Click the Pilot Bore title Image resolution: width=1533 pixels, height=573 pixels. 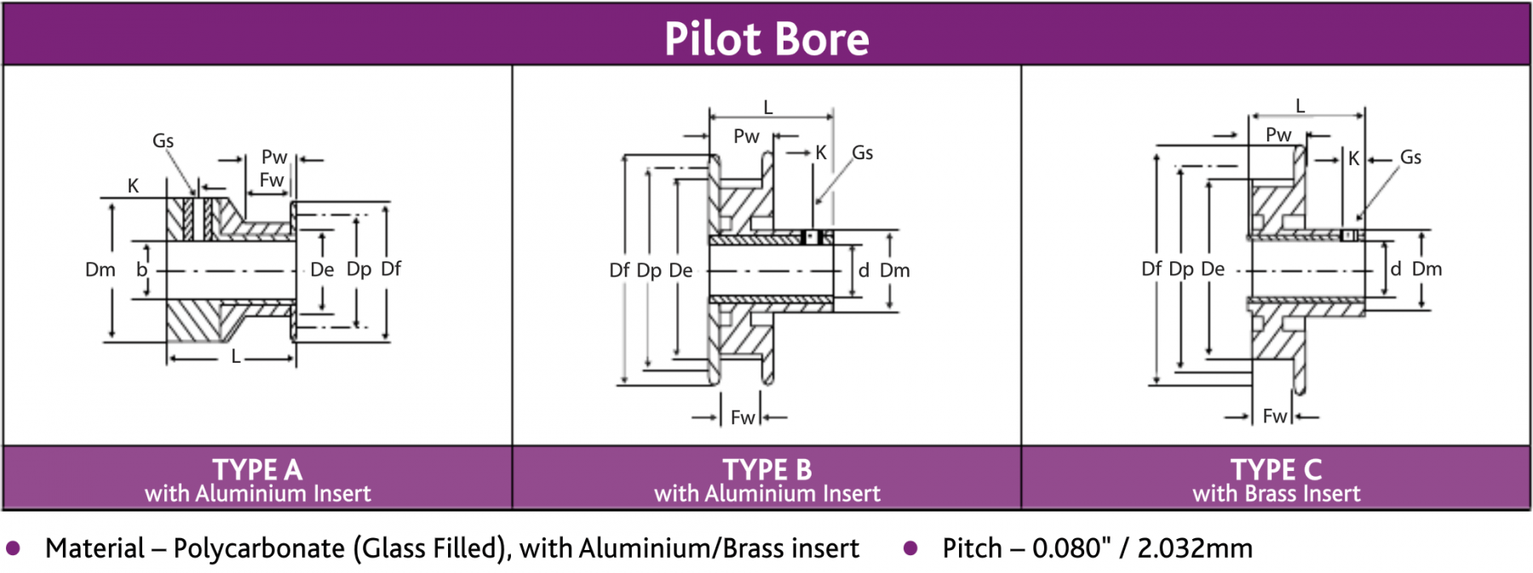pyautogui.click(x=766, y=39)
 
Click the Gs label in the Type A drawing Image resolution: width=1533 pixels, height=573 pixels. pyautogui.click(x=163, y=141)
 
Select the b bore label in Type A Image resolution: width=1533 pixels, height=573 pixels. pyautogui.click(x=141, y=270)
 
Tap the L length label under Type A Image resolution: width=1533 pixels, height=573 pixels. pyautogui.click(x=236, y=358)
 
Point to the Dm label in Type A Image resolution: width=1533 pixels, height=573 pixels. pyautogui.click(x=100, y=270)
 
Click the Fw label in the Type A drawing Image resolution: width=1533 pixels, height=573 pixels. pyautogui.click(x=272, y=180)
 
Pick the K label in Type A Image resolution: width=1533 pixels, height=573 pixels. pyautogui.click(x=133, y=186)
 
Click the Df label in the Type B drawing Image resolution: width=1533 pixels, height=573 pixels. pyautogui.click(x=619, y=271)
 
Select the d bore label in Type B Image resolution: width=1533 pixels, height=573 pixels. pyautogui.click(x=864, y=271)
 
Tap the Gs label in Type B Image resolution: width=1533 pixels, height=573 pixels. pyautogui.click(x=862, y=153)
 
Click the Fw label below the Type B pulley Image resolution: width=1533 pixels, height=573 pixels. pyautogui.click(x=743, y=417)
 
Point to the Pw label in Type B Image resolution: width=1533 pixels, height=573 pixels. pyautogui.click(x=746, y=136)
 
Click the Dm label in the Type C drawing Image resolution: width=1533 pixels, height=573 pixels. pyautogui.click(x=1427, y=269)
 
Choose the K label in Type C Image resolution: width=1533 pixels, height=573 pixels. pyautogui.click(x=1353, y=159)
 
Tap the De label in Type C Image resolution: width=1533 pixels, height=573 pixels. pyautogui.click(x=1213, y=269)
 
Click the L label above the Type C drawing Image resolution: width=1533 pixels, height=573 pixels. pyautogui.click(x=1300, y=106)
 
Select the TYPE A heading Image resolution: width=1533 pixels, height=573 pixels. pyautogui.click(x=257, y=469)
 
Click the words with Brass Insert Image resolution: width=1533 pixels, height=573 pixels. pyautogui.click(x=1276, y=494)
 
